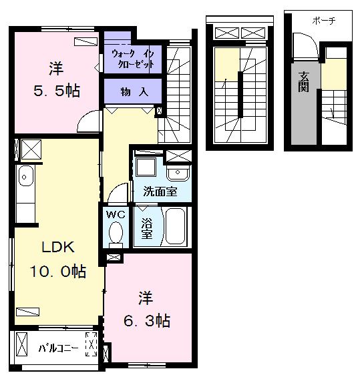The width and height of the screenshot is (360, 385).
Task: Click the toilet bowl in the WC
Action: (115, 234)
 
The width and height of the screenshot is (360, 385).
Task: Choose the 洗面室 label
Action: (160, 191)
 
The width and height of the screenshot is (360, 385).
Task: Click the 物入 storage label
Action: (134, 91)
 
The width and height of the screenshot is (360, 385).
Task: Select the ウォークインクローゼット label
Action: (133, 59)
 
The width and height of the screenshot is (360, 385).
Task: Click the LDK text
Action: (58, 248)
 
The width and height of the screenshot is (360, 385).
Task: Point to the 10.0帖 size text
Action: (57, 272)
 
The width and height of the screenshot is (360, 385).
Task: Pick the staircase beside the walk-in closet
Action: (177, 93)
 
